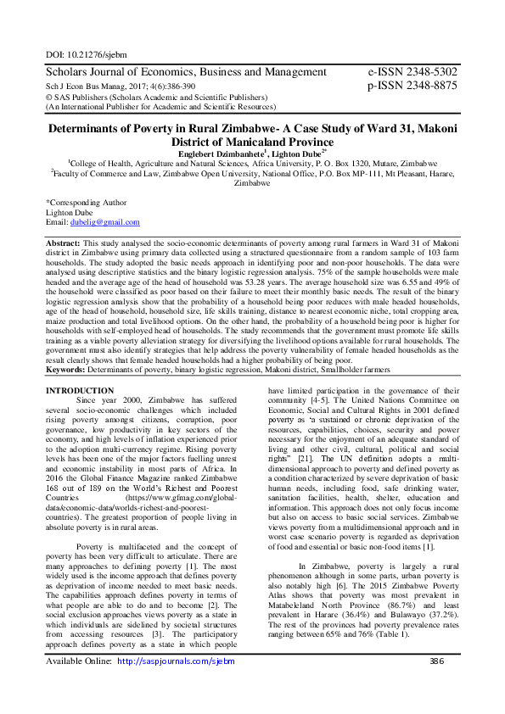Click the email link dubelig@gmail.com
(104, 222)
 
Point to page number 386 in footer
(437, 685)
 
